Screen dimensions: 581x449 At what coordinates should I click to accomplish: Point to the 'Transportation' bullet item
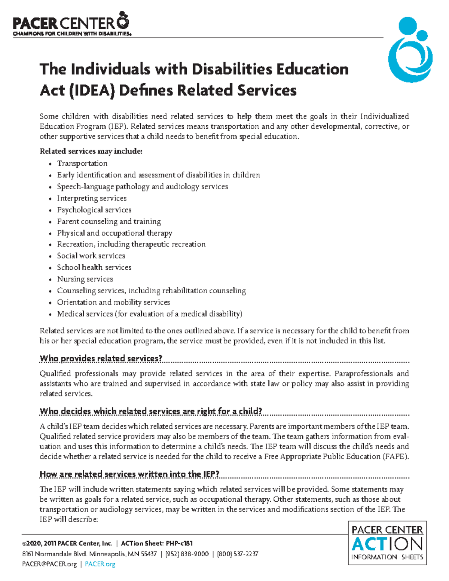click(x=82, y=163)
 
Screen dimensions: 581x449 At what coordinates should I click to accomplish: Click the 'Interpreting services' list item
click(x=92, y=198)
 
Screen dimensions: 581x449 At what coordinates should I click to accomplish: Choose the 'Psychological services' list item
click(x=94, y=210)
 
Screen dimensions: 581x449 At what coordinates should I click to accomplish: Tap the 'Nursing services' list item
click(x=85, y=279)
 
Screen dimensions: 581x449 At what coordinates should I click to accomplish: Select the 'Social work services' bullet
click(x=91, y=256)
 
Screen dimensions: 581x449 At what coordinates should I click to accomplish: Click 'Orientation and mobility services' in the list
click(x=113, y=302)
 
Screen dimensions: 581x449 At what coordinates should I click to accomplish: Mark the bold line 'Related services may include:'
click(x=91, y=152)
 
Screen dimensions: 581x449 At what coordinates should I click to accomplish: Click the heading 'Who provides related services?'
click(x=101, y=358)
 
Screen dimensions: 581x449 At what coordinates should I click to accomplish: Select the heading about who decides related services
click(x=151, y=411)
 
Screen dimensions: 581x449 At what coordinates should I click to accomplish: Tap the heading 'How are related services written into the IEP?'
click(x=129, y=474)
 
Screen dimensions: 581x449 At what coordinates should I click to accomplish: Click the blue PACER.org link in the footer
click(x=100, y=564)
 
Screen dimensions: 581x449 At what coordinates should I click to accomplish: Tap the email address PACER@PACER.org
click(x=49, y=564)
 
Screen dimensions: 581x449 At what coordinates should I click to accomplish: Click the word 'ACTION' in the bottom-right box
click(x=387, y=544)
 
